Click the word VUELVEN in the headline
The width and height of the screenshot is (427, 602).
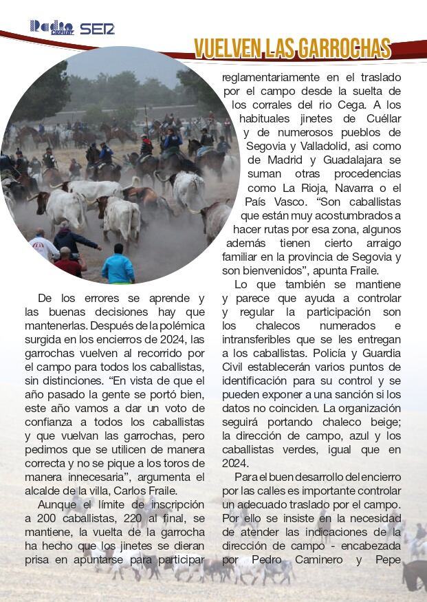[224, 48]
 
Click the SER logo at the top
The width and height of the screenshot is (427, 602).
[97, 29]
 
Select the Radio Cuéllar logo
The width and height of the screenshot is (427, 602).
[52, 28]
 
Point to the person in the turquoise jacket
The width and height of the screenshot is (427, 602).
[119, 266]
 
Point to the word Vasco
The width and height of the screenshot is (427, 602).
[298, 202]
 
